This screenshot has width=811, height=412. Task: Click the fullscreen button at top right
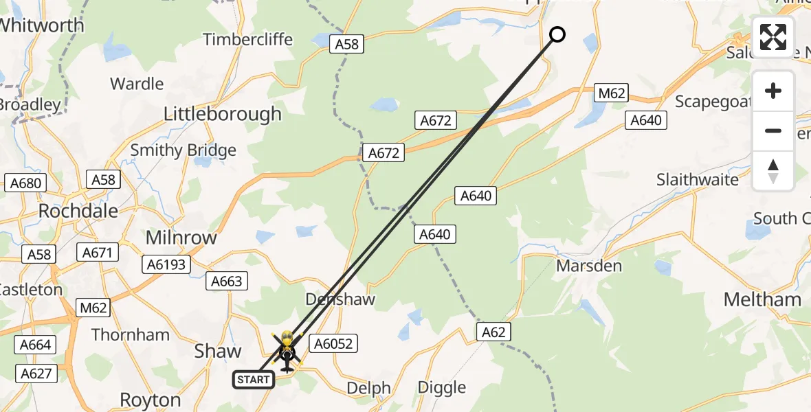773,37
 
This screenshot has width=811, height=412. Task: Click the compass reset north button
773,171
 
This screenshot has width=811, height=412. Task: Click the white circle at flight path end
557,34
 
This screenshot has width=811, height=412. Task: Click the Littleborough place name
222,114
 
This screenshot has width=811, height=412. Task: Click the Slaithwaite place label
698,180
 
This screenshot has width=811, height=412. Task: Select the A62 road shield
493,333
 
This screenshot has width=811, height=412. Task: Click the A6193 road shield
166,264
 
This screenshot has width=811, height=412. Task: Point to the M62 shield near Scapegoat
611,93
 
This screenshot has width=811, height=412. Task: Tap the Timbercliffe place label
248,40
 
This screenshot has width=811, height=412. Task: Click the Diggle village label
443,387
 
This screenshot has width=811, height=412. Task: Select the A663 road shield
227,281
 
